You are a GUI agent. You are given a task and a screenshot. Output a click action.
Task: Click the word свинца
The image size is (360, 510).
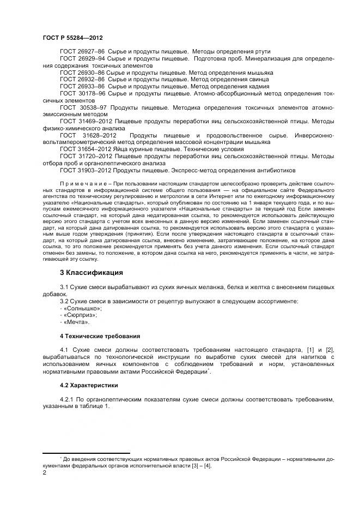coord(238,79)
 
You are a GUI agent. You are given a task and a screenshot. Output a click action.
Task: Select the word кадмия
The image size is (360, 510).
coord(239,86)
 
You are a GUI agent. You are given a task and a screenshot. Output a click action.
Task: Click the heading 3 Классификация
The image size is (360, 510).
coord(91,272)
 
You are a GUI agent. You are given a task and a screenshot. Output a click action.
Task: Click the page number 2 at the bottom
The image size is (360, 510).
coord(45,473)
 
